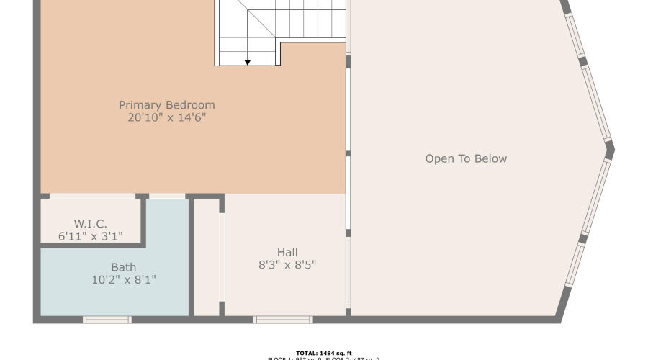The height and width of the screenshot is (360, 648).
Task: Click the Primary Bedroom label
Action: coord(166,105)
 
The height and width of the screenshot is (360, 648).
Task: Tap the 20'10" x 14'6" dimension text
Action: coord(166,118)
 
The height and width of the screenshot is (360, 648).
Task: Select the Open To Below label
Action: coord(466,159)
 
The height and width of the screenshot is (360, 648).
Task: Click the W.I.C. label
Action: coord(90,223)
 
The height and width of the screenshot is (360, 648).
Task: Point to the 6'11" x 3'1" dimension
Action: coord(90,235)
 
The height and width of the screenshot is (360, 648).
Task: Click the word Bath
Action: coord(123,267)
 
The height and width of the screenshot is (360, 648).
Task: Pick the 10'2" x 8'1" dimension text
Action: coord(123,279)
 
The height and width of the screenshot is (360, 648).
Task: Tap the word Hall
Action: coord(287,252)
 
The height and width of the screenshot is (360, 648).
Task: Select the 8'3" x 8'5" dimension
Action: coord(287,264)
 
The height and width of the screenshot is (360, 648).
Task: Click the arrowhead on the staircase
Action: coord(247,63)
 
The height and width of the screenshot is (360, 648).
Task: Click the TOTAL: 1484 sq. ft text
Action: coord(324,353)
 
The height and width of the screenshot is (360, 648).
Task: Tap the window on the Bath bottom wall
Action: coord(107,319)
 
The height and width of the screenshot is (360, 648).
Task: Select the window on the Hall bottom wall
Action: coord(283,319)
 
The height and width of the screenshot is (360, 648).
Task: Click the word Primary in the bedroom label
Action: coord(141,105)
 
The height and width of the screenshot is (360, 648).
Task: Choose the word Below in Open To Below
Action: coord(489,159)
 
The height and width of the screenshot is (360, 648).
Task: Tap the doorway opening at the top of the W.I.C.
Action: coord(92,196)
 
